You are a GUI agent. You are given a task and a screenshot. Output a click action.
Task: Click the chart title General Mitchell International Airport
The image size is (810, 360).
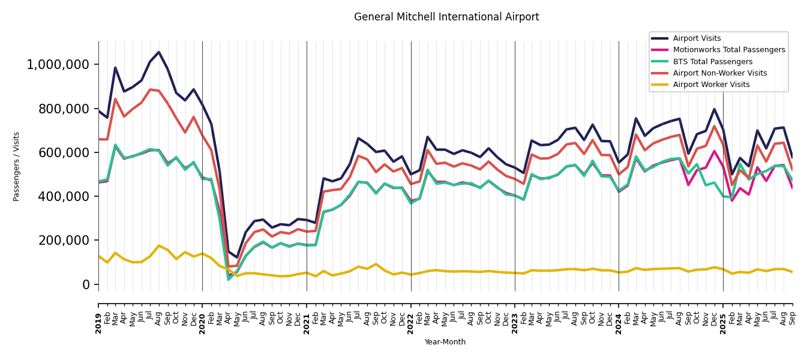446,17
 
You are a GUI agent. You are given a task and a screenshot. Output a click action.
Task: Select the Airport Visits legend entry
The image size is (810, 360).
697,38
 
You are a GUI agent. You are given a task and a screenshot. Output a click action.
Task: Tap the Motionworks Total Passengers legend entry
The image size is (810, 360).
728,50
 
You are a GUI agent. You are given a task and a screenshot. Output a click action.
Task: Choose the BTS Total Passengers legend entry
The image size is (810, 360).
712,62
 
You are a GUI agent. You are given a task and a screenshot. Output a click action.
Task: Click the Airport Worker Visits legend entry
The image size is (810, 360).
711,85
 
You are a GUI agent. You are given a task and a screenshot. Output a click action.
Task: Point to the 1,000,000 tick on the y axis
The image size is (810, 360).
58,65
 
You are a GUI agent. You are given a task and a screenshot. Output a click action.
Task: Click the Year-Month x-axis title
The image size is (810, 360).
445,342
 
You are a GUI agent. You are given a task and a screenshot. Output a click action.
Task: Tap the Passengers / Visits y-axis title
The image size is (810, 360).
17,166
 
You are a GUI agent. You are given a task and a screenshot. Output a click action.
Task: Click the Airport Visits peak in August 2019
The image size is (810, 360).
159,52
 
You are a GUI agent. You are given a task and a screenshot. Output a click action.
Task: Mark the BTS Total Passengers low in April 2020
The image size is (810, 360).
229,279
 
